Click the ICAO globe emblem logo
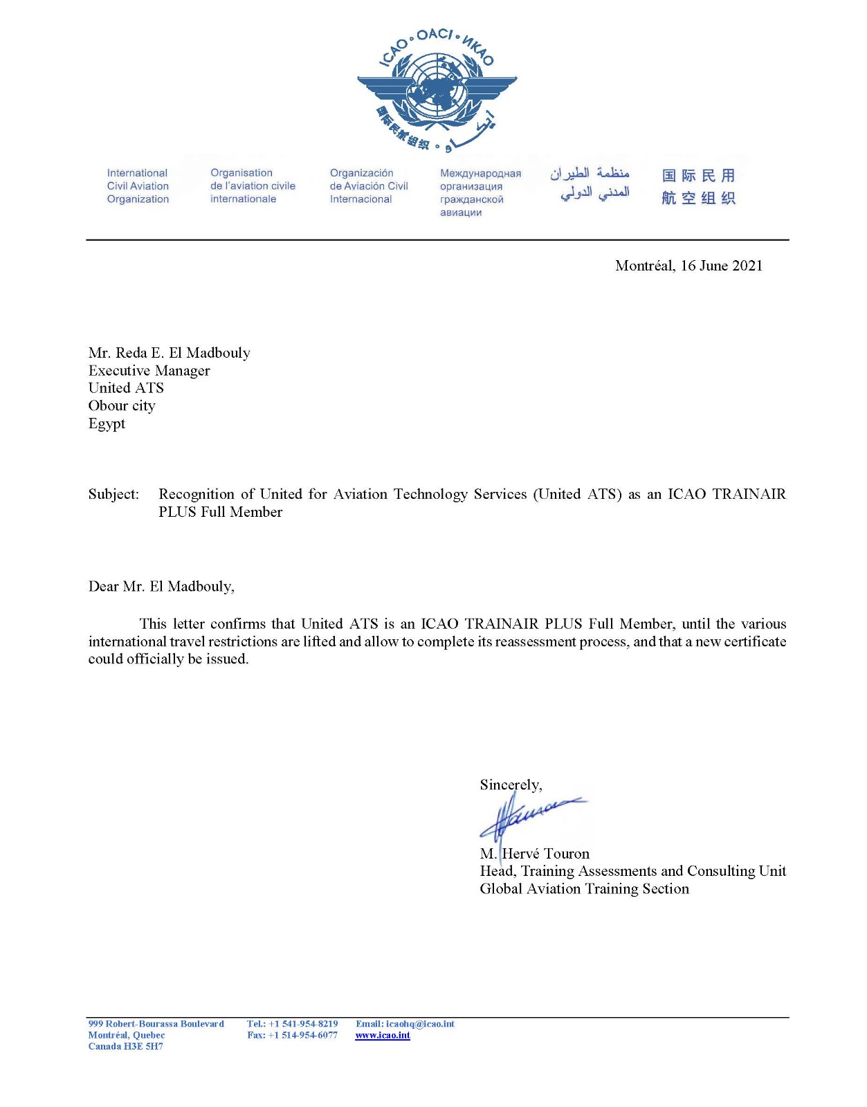437,90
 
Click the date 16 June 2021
721,266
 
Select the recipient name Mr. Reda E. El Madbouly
169,353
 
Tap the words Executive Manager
149,371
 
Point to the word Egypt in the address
107,423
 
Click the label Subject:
113,494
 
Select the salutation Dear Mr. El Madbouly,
161,587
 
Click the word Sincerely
510,785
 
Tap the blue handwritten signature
529,816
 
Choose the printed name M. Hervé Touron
534,854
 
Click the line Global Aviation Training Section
584,889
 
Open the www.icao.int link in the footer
383,1036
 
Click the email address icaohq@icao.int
420,1024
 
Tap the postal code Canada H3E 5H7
125,1047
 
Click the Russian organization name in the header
480,193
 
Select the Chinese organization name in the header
698,187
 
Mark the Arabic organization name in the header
590,183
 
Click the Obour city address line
122,406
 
